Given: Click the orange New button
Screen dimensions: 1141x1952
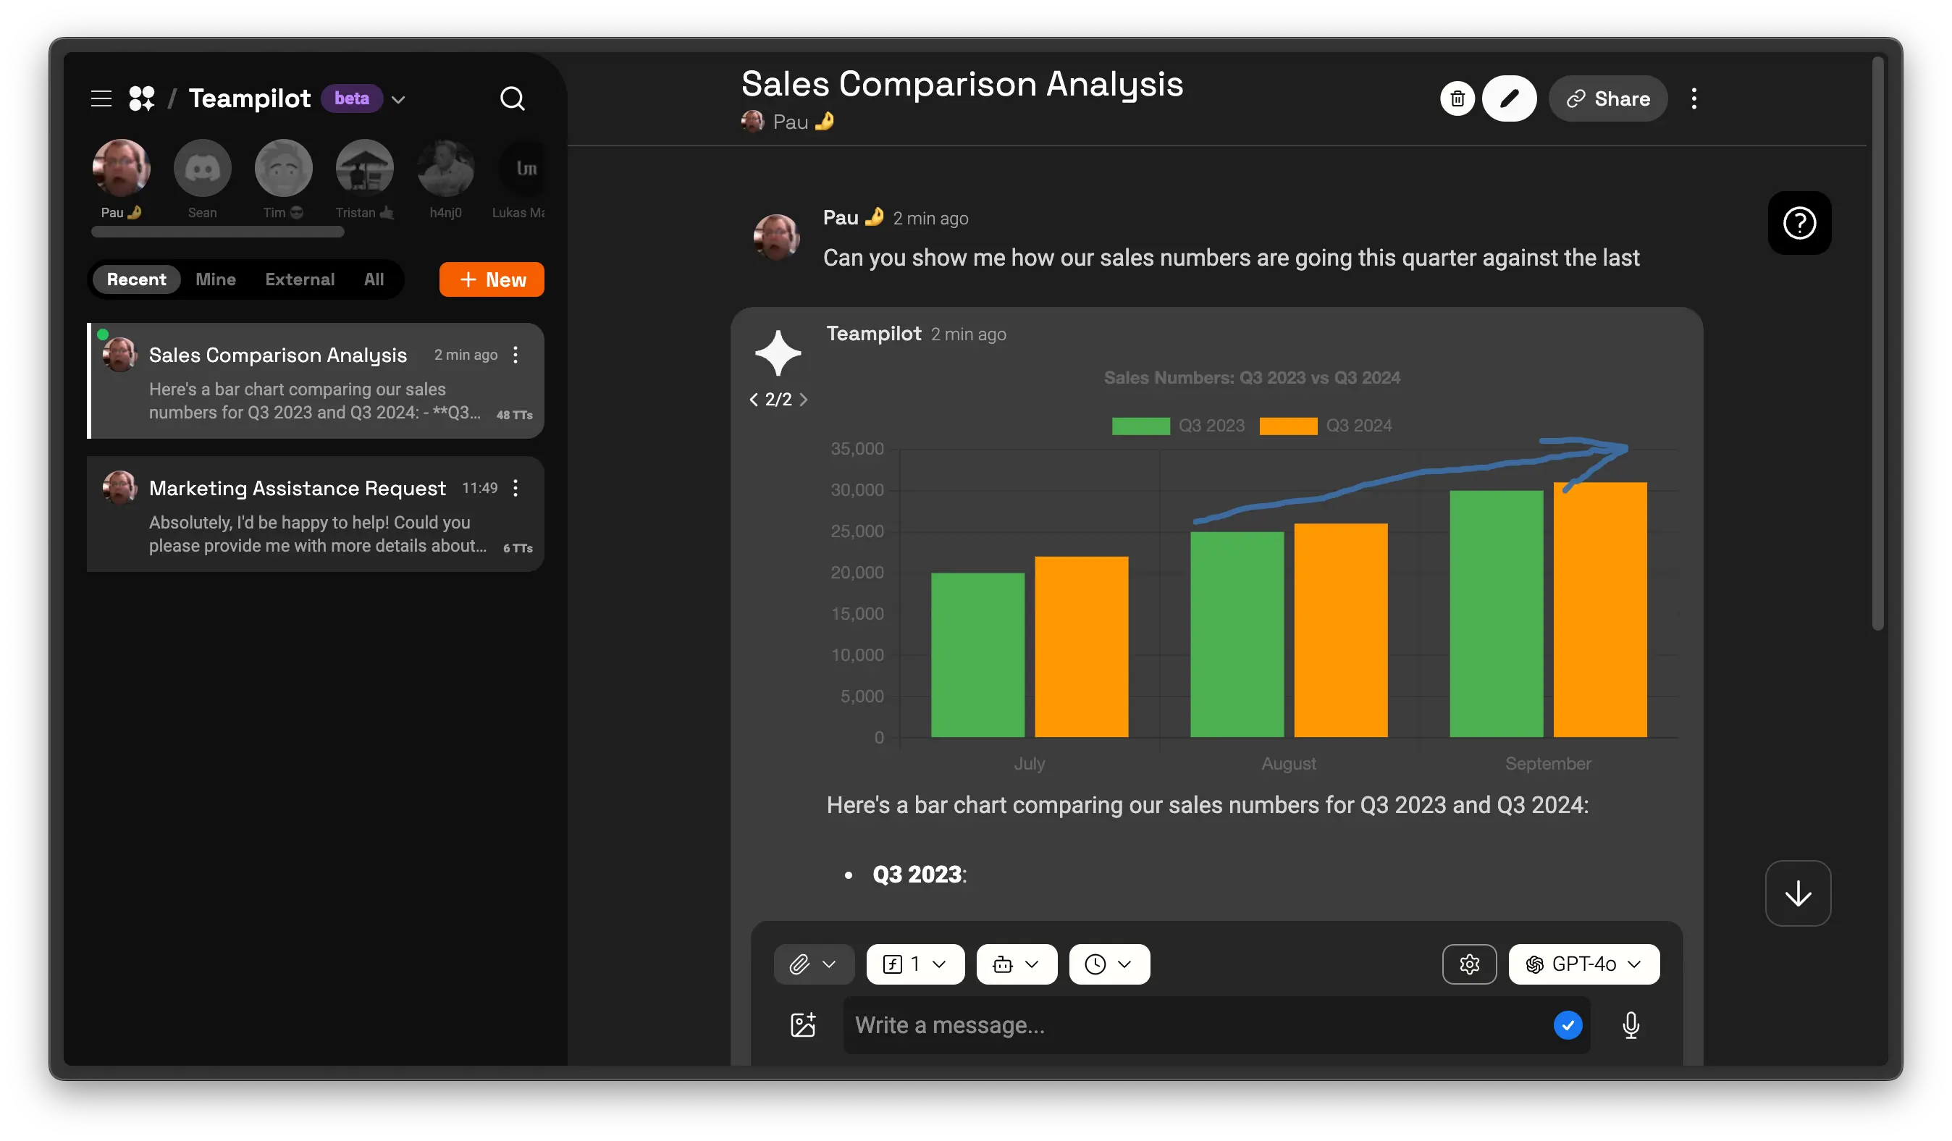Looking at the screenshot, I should (491, 279).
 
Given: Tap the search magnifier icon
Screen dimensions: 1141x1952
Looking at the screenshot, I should (512, 99).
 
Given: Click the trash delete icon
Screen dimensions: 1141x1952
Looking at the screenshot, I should (1457, 99).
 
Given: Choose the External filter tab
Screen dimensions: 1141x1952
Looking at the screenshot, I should (300, 279).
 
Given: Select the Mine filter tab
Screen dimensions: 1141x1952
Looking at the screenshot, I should (215, 279).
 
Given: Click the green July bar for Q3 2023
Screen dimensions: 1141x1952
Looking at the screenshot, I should (977, 654).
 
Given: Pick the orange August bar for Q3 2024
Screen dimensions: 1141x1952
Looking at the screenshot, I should (1340, 630).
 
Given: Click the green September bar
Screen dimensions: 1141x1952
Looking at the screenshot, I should (1496, 613).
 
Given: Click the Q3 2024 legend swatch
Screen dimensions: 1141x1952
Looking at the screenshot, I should (1287, 426).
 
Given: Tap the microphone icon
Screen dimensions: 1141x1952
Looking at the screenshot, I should (1631, 1025).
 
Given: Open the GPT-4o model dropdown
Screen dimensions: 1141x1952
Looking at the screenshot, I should (1583, 964).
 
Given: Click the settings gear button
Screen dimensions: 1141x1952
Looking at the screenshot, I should (1468, 964).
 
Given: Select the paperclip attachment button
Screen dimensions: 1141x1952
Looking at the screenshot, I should (800, 964).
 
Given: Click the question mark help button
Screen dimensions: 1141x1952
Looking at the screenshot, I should (1799, 224).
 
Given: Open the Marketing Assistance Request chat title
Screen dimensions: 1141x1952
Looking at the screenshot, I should (298, 488).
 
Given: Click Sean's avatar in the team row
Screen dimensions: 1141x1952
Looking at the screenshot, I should (202, 169).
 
